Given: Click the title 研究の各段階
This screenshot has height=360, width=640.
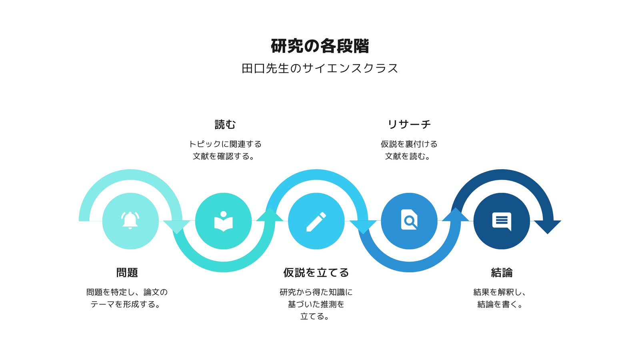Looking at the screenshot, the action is tap(320, 46).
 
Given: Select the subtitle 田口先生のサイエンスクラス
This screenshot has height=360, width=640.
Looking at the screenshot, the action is tap(320, 68).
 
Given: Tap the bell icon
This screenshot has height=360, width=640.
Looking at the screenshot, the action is tap(130, 220).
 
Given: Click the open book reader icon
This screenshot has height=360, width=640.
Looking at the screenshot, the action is tap(224, 222).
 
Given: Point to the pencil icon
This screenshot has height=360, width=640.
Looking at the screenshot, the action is tap(316, 222).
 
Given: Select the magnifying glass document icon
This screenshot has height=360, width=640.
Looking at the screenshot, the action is tap(409, 220).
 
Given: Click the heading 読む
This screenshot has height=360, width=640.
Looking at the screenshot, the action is tap(225, 124).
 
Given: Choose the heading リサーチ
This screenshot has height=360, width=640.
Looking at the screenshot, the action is tap(409, 124).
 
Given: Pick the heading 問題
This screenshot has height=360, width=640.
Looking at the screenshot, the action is tap(127, 272).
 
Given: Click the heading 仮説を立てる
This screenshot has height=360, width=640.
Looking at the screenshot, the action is tap(316, 272).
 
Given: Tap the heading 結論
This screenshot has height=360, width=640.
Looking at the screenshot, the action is tap(502, 272).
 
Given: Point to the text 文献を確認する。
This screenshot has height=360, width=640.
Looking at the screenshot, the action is tap(224, 156).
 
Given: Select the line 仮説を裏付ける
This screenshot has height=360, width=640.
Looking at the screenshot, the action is tap(409, 144).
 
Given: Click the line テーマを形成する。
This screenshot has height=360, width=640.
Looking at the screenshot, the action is tap(126, 304).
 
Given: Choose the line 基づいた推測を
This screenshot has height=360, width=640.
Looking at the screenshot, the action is tap(316, 304).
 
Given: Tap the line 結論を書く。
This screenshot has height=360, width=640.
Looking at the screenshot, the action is tap(500, 304).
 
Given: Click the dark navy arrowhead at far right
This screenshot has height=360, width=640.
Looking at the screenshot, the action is tap(548, 227).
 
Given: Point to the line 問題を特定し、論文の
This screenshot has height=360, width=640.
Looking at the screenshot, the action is tap(127, 292).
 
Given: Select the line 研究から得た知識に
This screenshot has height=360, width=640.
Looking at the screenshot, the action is tap(316, 292).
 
